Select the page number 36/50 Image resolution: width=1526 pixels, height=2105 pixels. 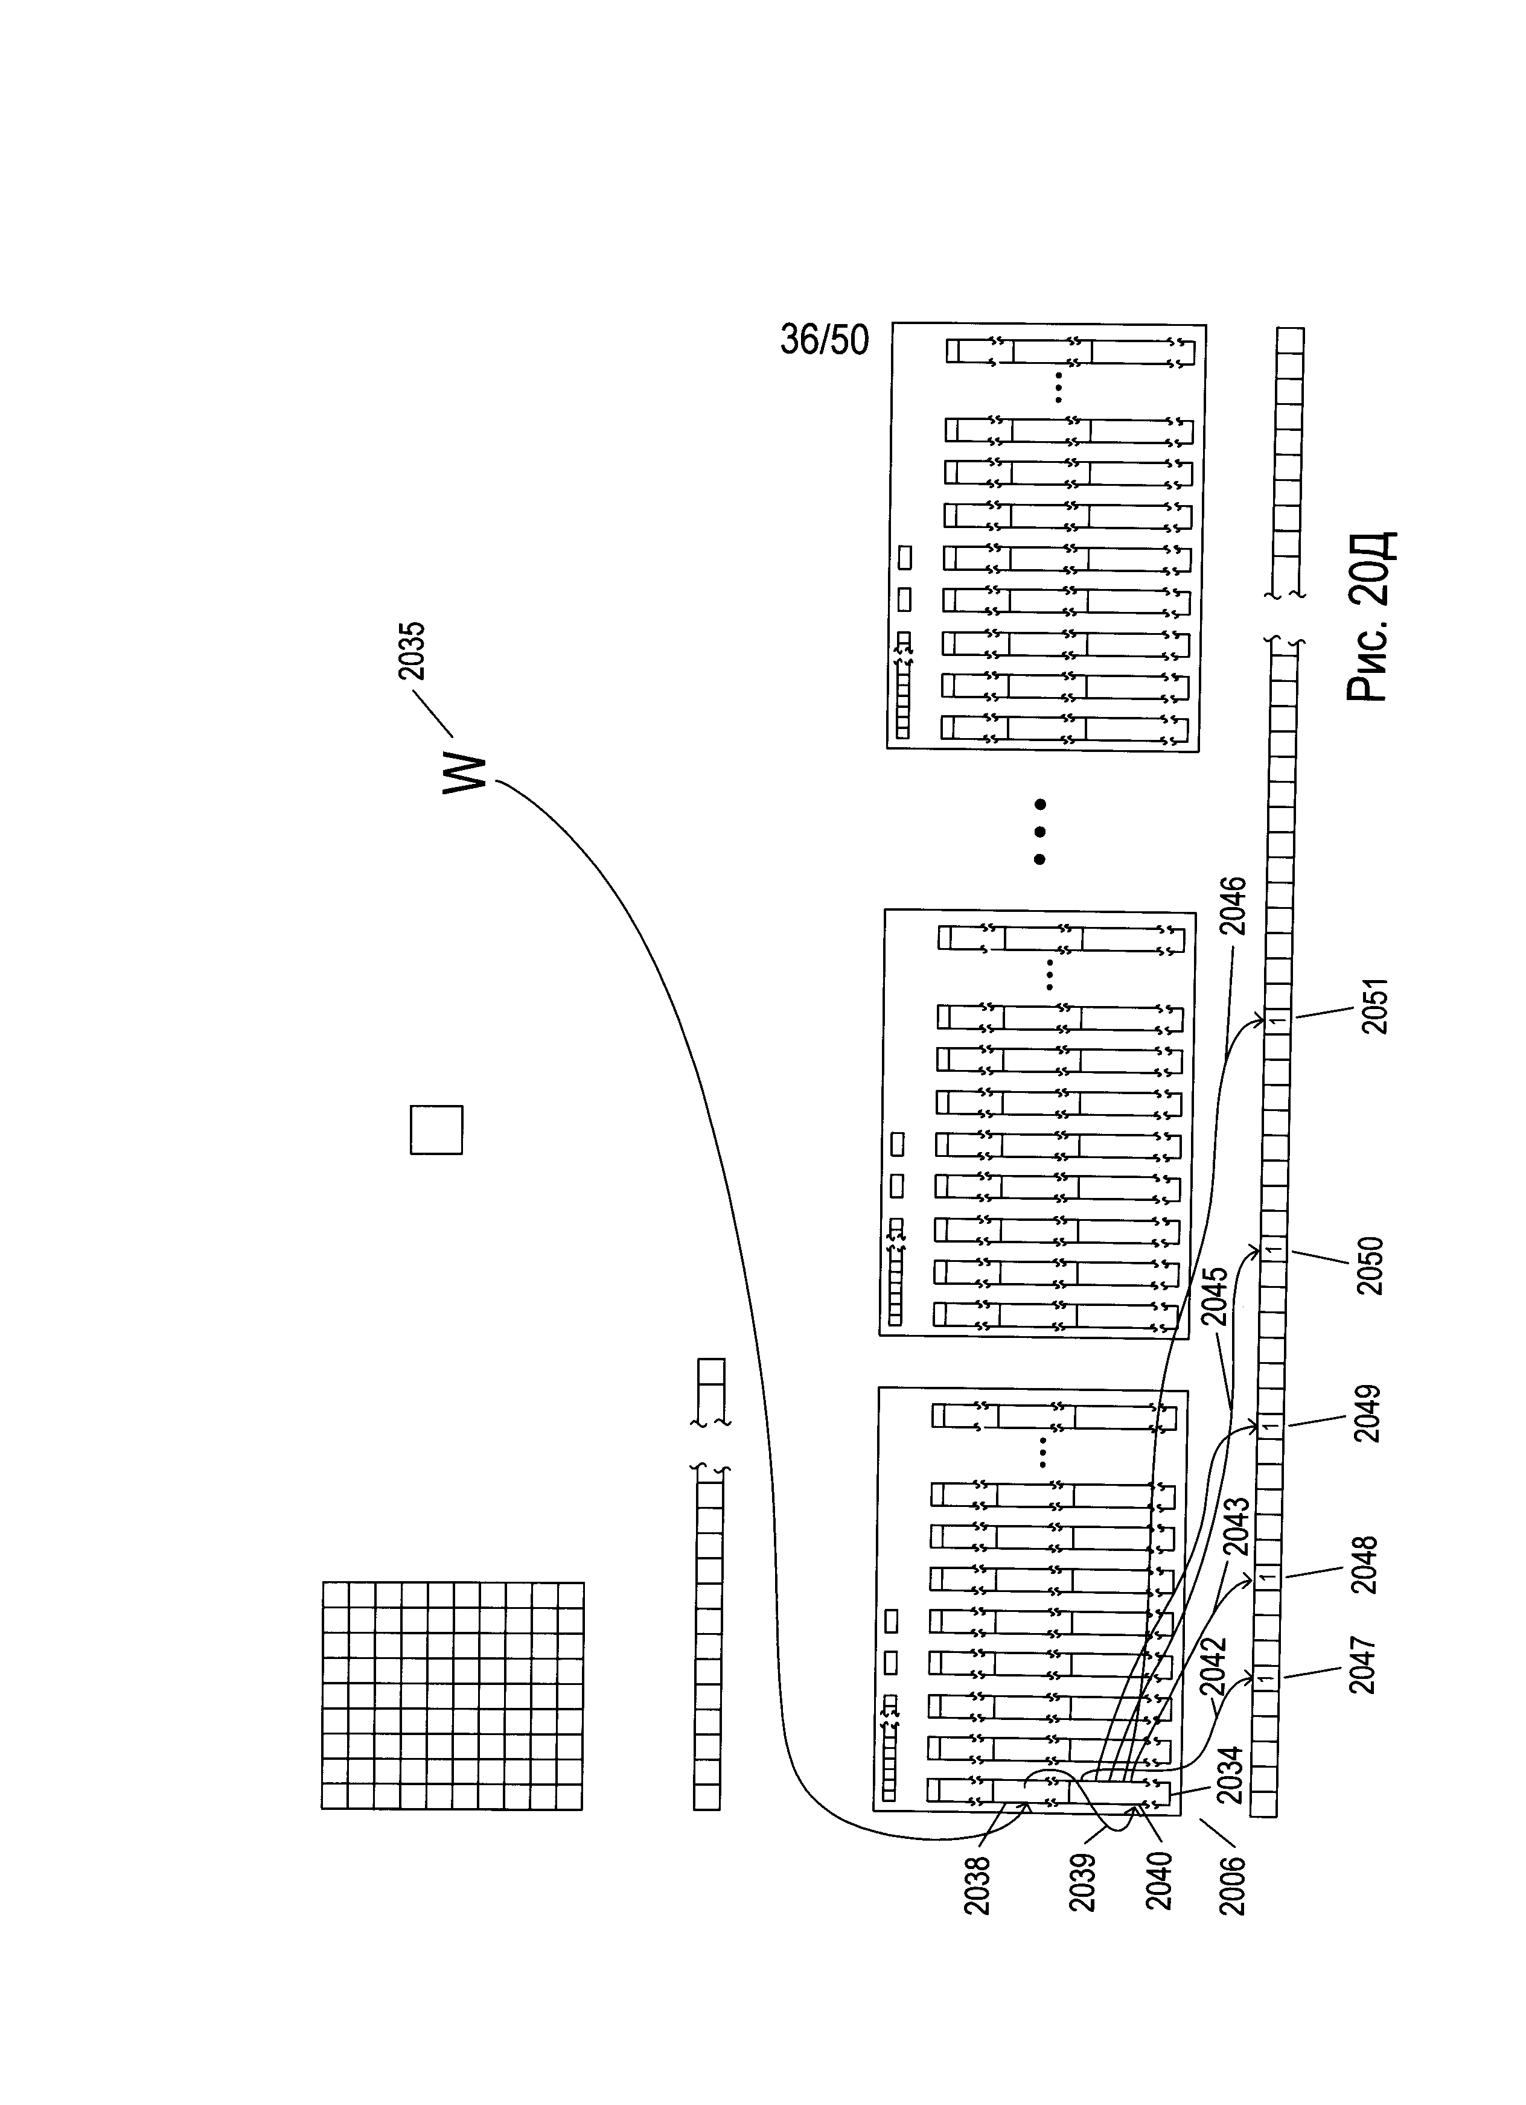coord(824,340)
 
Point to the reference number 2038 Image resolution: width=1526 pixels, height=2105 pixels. coord(977,1886)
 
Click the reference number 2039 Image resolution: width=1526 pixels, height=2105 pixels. coord(1082,1882)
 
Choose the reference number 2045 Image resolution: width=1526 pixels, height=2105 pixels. coord(1215,1298)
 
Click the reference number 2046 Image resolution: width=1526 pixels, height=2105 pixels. coord(1233,907)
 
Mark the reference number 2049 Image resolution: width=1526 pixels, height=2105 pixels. coord(1367,1413)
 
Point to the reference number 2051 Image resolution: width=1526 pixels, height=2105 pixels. coord(1373,1005)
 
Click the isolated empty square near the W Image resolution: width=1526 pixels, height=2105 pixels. coord(436,1130)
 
